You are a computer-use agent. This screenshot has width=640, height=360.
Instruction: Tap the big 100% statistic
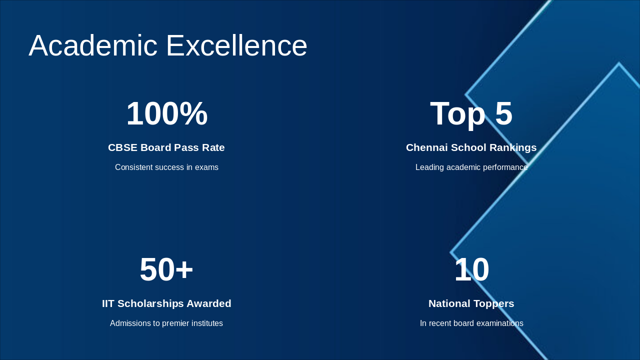click(x=166, y=113)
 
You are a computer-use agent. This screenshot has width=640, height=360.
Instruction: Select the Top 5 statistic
click(x=471, y=113)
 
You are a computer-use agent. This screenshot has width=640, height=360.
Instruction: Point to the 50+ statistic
click(x=166, y=269)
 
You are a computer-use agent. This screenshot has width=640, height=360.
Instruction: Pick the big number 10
click(x=471, y=269)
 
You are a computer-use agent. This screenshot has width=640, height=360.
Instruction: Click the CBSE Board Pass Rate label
click(x=166, y=147)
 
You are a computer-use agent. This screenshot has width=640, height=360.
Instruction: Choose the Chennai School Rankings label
click(x=471, y=147)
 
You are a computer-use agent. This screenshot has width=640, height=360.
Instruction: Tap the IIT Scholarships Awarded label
click(x=166, y=303)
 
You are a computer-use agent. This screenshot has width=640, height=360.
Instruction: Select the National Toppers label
click(x=471, y=303)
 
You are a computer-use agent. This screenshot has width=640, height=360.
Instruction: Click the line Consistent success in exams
click(x=166, y=167)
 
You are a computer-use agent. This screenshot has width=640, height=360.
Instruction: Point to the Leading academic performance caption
click(x=471, y=167)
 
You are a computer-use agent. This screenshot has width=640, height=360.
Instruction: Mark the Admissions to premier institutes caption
click(x=166, y=323)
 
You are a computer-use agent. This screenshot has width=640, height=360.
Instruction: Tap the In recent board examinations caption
click(x=471, y=323)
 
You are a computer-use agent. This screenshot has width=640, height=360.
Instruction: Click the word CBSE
click(x=122, y=147)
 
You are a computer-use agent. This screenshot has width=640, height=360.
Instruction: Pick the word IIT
click(x=109, y=303)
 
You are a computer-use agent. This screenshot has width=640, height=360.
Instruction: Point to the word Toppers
click(x=493, y=303)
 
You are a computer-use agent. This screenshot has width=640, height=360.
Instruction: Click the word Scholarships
click(x=150, y=303)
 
